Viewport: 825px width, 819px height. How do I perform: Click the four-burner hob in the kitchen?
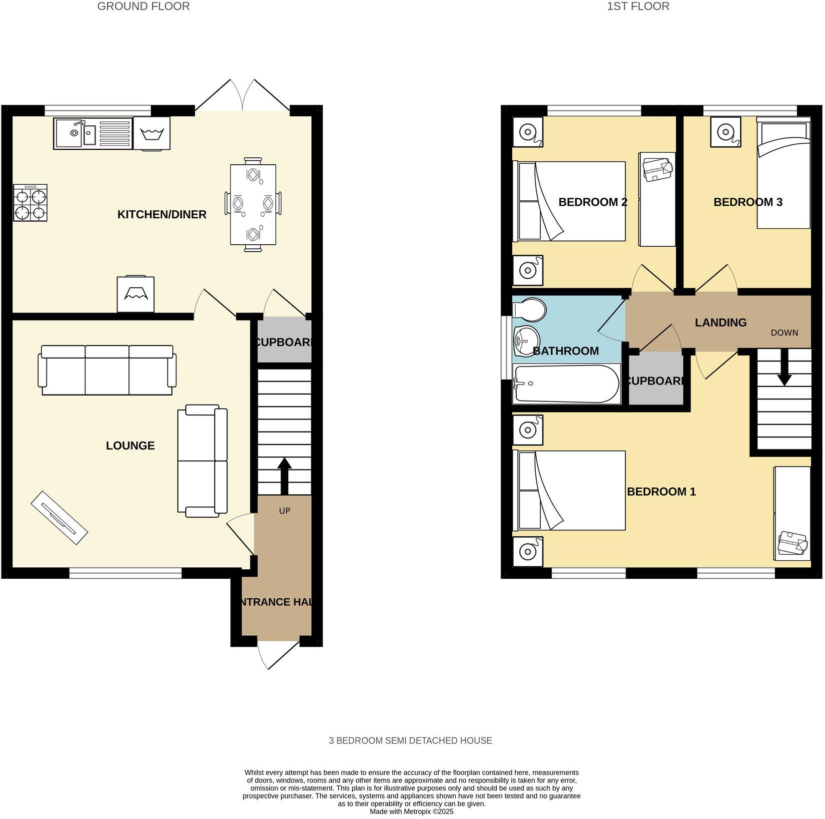tap(30, 203)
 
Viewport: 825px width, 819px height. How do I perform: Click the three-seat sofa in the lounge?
tap(107, 370)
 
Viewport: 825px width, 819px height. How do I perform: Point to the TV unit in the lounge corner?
tap(59, 518)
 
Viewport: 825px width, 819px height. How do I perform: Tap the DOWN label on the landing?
tap(784, 333)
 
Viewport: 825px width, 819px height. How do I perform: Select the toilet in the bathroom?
tap(529, 310)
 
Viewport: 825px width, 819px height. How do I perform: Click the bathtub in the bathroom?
tap(567, 384)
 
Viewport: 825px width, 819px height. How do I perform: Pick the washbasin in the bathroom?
tap(526, 342)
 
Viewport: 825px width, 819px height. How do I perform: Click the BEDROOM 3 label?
tap(748, 202)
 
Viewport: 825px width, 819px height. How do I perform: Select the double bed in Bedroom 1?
tap(569, 490)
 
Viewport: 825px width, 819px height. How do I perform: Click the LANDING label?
tap(721, 323)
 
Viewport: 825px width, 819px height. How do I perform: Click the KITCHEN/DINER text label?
tap(162, 215)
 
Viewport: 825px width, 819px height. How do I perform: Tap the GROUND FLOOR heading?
tap(143, 6)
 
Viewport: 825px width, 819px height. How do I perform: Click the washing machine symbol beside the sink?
tap(151, 133)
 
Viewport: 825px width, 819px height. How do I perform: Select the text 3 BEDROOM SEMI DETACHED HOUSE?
tap(410, 741)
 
